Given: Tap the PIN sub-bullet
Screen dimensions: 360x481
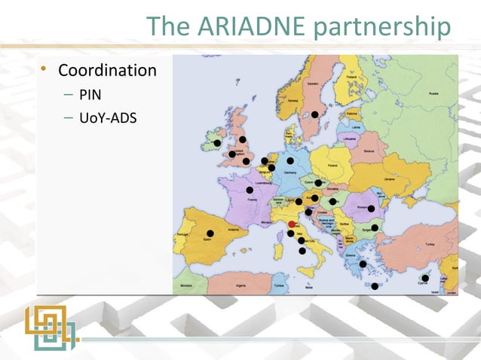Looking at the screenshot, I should (90, 95).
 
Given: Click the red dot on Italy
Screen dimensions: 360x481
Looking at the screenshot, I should (292, 224).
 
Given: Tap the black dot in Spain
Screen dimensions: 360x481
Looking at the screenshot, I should (210, 233).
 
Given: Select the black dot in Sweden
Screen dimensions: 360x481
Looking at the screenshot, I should (314, 114).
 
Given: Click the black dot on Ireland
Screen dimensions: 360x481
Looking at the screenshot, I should (217, 143).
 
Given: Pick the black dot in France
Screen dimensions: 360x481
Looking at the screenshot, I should (250, 191).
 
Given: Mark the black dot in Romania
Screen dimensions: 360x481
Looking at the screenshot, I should (371, 208).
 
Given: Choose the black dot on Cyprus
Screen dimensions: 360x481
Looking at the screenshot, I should (425, 279).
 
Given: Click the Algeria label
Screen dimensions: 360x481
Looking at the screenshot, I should (242, 286).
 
